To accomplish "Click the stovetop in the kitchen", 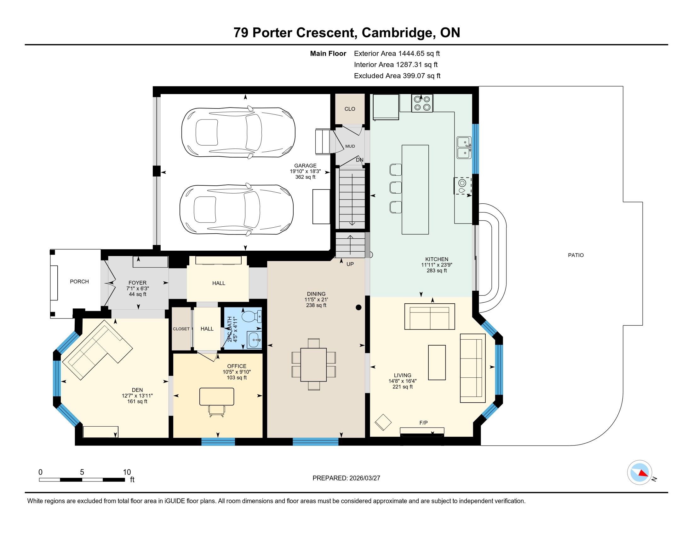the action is [422, 103].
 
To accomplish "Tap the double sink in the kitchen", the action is [464, 148].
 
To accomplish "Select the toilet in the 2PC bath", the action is [252, 316].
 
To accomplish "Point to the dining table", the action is [313, 364].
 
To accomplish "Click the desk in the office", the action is [217, 397].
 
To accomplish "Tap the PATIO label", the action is [576, 255].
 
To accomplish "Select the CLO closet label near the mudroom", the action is [350, 109].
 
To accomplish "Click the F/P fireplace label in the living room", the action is [424, 422].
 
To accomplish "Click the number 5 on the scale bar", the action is [82, 472].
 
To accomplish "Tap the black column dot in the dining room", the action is [358, 307].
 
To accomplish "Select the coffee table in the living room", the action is [437, 363].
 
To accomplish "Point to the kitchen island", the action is [415, 189].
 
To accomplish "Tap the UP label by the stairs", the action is [350, 264].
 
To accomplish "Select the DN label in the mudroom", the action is [359, 160].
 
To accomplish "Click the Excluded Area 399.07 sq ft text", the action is [397, 76].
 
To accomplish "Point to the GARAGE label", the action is [305, 166].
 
